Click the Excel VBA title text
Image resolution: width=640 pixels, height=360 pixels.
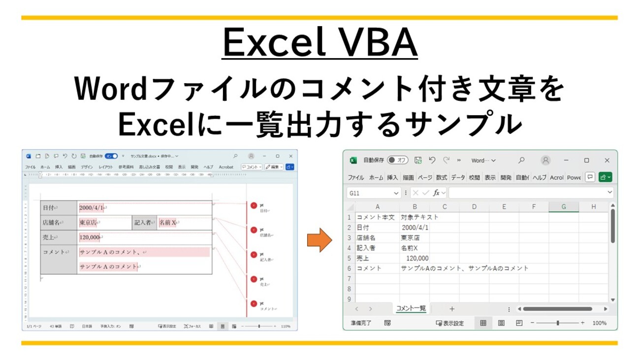tap(320, 44)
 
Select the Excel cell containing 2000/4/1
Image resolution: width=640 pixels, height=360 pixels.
tap(415, 228)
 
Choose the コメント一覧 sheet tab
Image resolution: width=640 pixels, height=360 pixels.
tap(411, 309)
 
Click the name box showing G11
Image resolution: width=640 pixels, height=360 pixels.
tap(373, 193)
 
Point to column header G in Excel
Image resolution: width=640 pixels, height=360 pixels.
tap(563, 207)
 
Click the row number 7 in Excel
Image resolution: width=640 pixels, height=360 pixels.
tap(349, 279)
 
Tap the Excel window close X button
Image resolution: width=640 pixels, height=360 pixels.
tap(607, 161)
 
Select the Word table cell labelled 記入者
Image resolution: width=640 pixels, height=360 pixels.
tap(144, 223)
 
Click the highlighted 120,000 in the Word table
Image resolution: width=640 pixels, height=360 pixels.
tap(90, 238)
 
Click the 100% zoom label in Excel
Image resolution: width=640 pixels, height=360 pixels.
tap(599, 323)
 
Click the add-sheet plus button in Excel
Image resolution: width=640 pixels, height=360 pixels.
tap(452, 309)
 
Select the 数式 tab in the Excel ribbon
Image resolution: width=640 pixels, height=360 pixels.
tap(441, 177)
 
